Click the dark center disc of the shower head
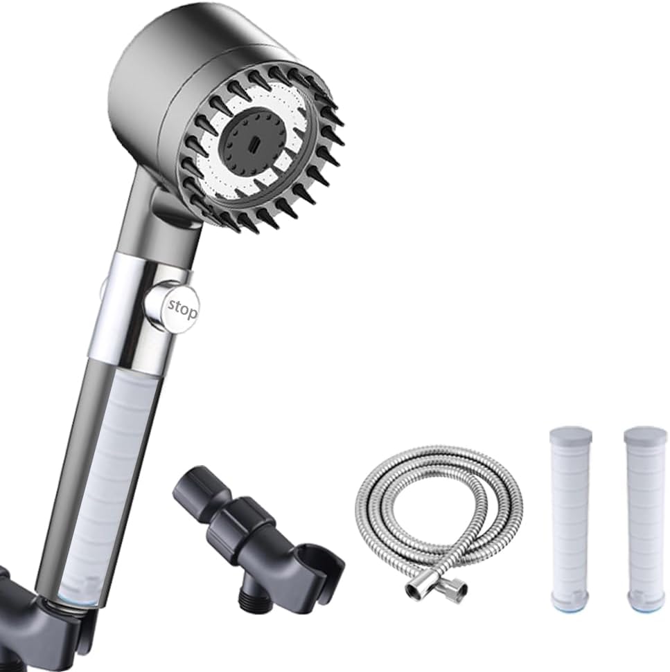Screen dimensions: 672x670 tap(259, 145)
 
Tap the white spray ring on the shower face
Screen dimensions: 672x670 tap(294, 118)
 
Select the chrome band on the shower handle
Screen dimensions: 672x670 tap(139, 305)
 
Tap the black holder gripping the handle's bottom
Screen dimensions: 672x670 tap(35, 623)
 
